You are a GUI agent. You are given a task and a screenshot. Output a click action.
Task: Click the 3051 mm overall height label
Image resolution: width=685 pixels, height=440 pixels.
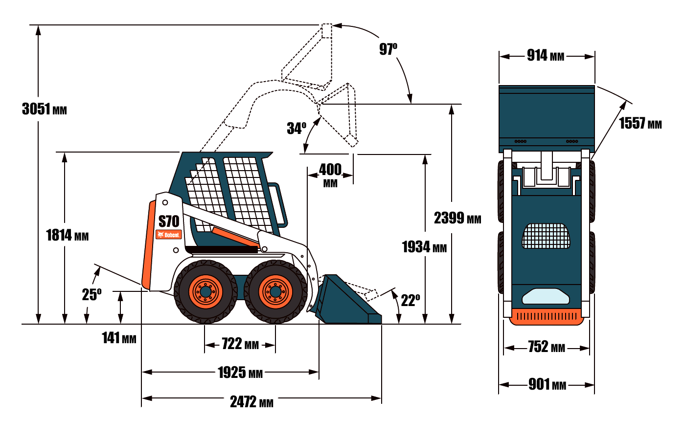pyautogui.click(x=45, y=109)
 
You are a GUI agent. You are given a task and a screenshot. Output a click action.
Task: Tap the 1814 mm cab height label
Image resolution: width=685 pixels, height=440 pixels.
pyautogui.click(x=68, y=235)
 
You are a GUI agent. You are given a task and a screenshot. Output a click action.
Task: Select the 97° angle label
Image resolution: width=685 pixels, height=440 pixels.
pyautogui.click(x=388, y=49)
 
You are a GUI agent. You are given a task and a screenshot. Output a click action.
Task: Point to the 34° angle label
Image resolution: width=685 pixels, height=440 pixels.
pyautogui.click(x=297, y=128)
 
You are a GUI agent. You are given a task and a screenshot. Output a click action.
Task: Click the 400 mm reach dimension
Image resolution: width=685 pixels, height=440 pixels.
pyautogui.click(x=330, y=175)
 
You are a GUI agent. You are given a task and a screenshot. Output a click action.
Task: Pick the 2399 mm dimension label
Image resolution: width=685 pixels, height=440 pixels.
pyautogui.click(x=457, y=218)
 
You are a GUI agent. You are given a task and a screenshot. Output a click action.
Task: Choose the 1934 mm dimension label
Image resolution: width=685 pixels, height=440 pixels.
pyautogui.click(x=424, y=247)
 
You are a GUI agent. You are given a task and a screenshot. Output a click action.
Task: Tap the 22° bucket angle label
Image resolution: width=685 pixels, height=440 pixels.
pyautogui.click(x=411, y=300)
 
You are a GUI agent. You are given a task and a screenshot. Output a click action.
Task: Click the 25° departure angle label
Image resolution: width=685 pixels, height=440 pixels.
pyautogui.click(x=91, y=294)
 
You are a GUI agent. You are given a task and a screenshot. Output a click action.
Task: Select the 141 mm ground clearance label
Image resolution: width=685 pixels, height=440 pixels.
pyautogui.click(x=119, y=338)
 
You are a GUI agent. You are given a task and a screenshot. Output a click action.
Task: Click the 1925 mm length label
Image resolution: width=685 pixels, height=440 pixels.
pyautogui.click(x=240, y=373)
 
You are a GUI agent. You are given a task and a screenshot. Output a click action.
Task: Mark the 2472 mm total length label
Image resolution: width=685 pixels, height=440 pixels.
pyautogui.click(x=251, y=401)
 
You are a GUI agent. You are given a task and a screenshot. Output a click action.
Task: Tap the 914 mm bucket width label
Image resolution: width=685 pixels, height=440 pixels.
pyautogui.click(x=546, y=55)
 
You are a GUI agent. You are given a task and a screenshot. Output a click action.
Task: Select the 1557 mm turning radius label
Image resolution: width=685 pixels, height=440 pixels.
pyautogui.click(x=640, y=123)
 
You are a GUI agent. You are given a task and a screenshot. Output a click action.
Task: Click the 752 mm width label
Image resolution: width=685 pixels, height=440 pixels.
pyautogui.click(x=547, y=347)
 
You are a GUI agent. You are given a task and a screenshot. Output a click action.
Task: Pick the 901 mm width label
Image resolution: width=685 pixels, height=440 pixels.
pyautogui.click(x=548, y=384)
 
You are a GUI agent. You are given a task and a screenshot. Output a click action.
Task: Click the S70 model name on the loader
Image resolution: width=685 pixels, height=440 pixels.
pyautogui.click(x=169, y=221)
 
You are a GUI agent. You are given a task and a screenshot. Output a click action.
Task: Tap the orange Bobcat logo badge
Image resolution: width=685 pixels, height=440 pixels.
pyautogui.click(x=169, y=235)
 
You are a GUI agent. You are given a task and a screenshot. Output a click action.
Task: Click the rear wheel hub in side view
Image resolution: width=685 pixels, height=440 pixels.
pyautogui.click(x=205, y=291)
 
